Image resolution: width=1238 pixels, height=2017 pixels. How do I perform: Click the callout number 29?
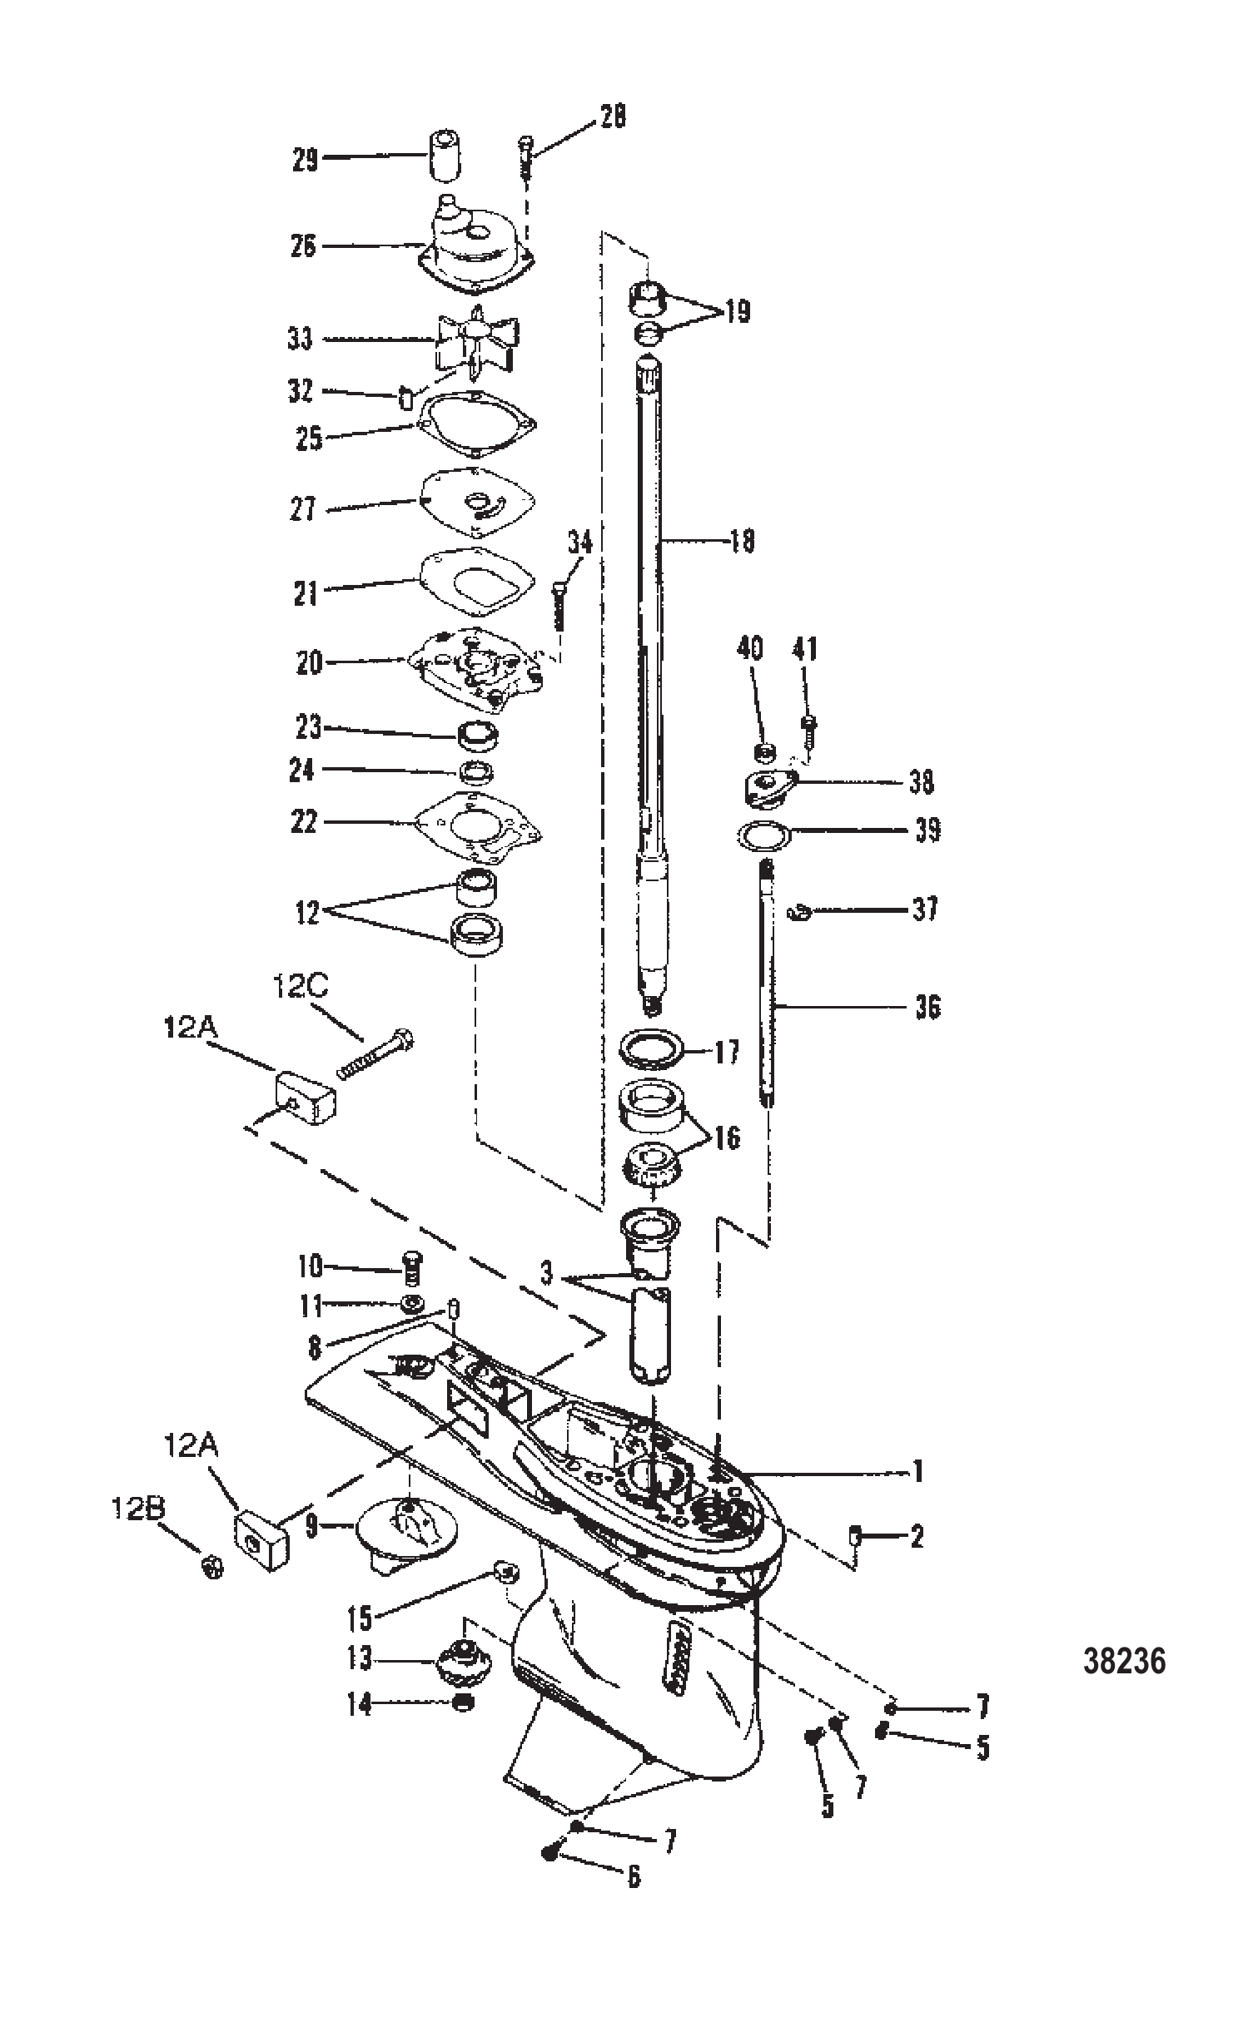(x=306, y=159)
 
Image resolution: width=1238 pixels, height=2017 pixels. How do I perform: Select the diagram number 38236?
(x=1124, y=1662)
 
